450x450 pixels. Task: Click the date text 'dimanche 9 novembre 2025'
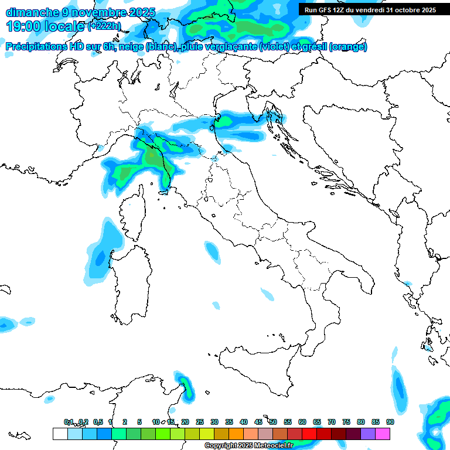80,12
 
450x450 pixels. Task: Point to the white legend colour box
60,434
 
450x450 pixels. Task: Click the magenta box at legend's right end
383,434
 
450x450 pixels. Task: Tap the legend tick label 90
390,422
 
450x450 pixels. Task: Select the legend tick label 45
258,422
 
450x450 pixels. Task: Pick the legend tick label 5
139,422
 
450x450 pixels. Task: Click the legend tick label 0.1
69,422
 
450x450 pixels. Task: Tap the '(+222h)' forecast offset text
104,26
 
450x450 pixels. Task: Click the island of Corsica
132,220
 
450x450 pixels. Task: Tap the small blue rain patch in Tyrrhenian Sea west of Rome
210,251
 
